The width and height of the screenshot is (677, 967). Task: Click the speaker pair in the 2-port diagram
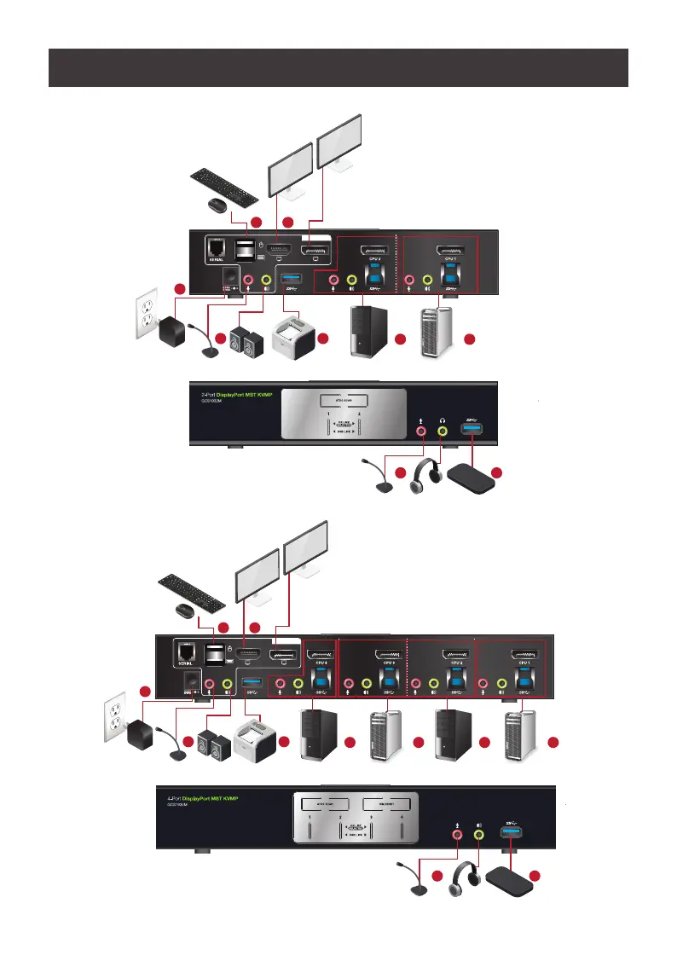(244, 340)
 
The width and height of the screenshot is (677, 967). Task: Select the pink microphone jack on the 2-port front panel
(420, 431)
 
